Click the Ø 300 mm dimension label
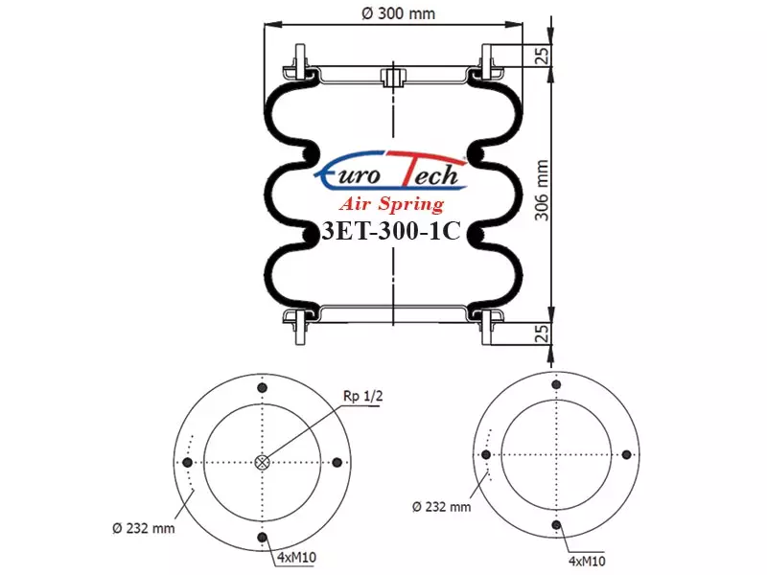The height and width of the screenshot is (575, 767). pyautogui.click(x=398, y=13)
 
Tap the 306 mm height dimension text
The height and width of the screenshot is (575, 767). pyautogui.click(x=542, y=190)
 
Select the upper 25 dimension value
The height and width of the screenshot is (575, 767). pyautogui.click(x=542, y=56)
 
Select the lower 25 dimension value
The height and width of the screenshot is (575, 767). pyautogui.click(x=542, y=333)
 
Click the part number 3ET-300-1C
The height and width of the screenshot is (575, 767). pyautogui.click(x=391, y=231)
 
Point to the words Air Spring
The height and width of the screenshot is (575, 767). pyautogui.click(x=391, y=203)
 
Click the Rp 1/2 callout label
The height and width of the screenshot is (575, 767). pyautogui.click(x=363, y=396)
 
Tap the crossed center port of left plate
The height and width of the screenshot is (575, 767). pyautogui.click(x=263, y=462)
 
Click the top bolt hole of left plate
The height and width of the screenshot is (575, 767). pyautogui.click(x=263, y=388)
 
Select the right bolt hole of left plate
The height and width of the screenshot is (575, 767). pyautogui.click(x=337, y=462)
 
